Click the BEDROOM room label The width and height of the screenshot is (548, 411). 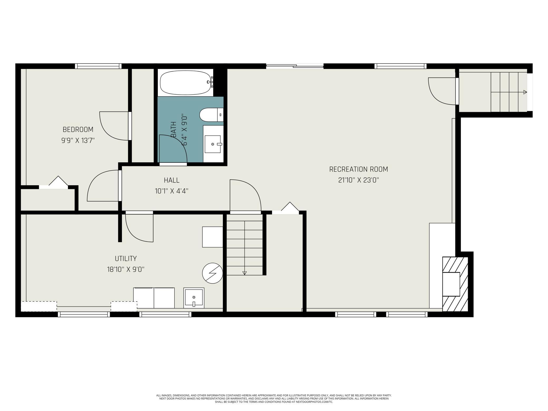click(78, 129)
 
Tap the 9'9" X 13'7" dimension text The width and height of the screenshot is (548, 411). click(78, 140)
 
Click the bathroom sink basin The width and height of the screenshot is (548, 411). click(213, 144)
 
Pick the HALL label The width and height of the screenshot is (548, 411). click(172, 180)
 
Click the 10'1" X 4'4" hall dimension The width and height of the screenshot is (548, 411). click(172, 191)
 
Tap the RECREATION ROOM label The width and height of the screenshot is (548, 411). click(359, 169)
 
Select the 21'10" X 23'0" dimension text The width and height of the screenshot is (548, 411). click(359, 180)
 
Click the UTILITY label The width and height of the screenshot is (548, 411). click(126, 258)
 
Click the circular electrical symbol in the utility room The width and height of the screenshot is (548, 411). click(212, 273)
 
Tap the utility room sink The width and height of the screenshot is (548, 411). click(194, 298)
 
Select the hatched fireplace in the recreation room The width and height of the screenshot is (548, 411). click(455, 284)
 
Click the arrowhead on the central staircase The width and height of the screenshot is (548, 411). click(244, 273)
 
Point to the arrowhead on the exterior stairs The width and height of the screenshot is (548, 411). click(525, 92)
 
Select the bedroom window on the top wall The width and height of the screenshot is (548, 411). click(98, 66)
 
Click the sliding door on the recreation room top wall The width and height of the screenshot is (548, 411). click(295, 66)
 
